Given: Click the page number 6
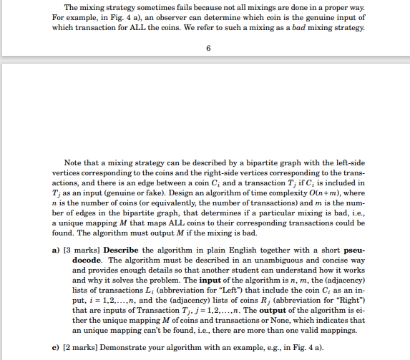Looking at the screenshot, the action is pos(207,49).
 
